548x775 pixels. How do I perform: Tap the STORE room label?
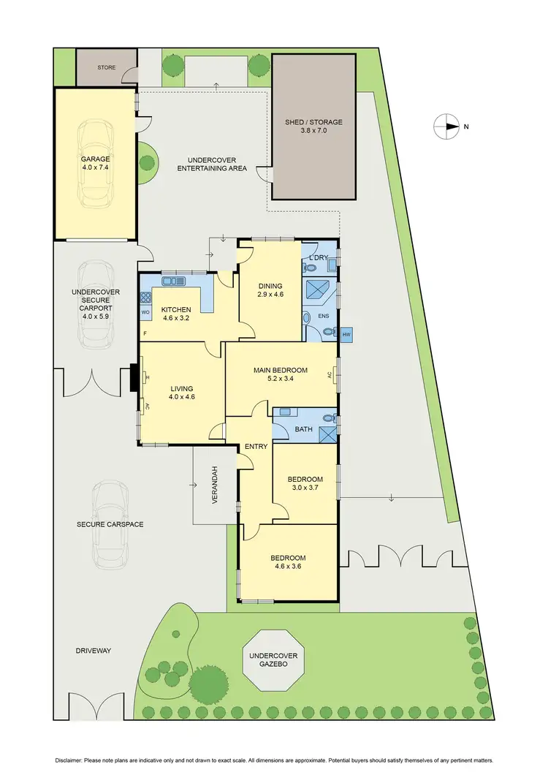pyautogui.click(x=107, y=67)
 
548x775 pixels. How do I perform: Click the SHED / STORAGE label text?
pyautogui.click(x=313, y=123)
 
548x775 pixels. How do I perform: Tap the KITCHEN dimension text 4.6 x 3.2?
pyautogui.click(x=176, y=319)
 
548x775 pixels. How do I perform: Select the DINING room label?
pyautogui.click(x=270, y=286)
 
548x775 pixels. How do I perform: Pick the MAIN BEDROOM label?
pyautogui.click(x=281, y=371)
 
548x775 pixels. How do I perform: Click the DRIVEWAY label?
pyautogui.click(x=94, y=651)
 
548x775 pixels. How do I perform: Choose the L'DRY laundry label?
pyautogui.click(x=319, y=257)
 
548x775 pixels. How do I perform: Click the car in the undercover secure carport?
pyautogui.click(x=96, y=306)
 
